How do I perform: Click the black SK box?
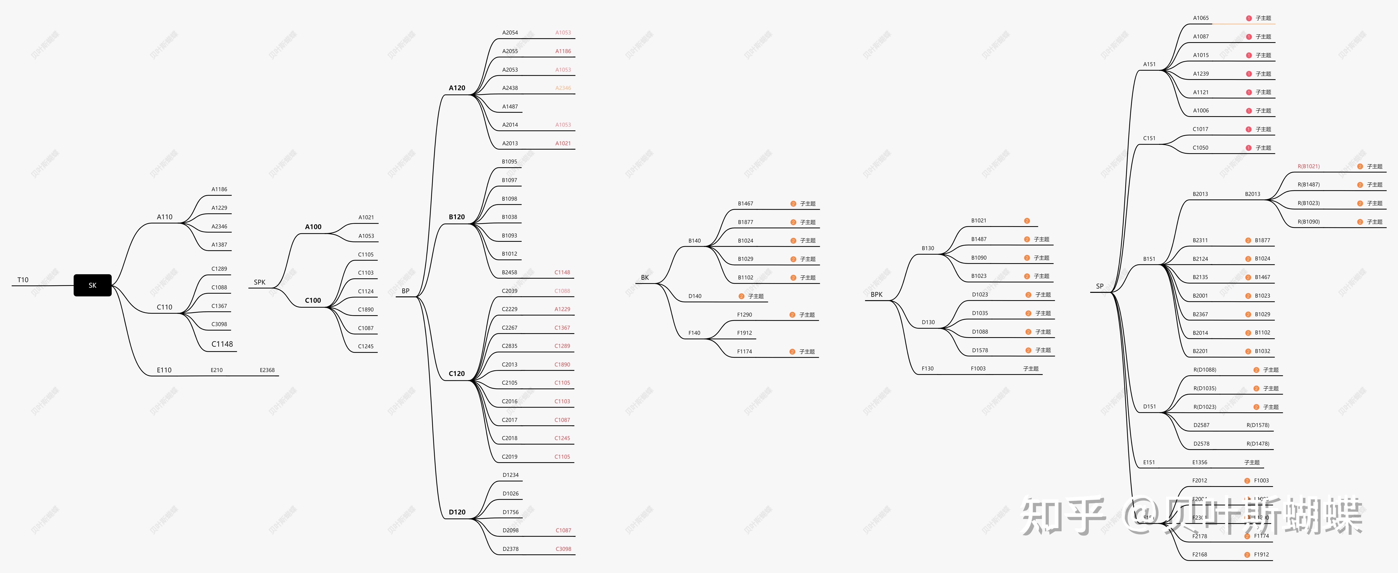(x=92, y=285)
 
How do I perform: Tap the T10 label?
(x=23, y=280)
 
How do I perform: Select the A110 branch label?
(x=164, y=217)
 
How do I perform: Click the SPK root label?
(x=259, y=282)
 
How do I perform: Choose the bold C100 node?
(x=313, y=300)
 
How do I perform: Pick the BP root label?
(x=405, y=291)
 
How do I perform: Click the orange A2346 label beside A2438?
(x=563, y=88)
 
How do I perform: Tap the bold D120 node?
(x=457, y=512)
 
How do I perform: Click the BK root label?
(x=645, y=278)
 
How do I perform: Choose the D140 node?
(x=695, y=296)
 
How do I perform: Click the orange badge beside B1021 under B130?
(x=1027, y=221)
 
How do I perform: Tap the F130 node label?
(x=928, y=369)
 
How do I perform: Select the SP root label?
(x=1100, y=286)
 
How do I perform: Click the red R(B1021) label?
(x=1308, y=166)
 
